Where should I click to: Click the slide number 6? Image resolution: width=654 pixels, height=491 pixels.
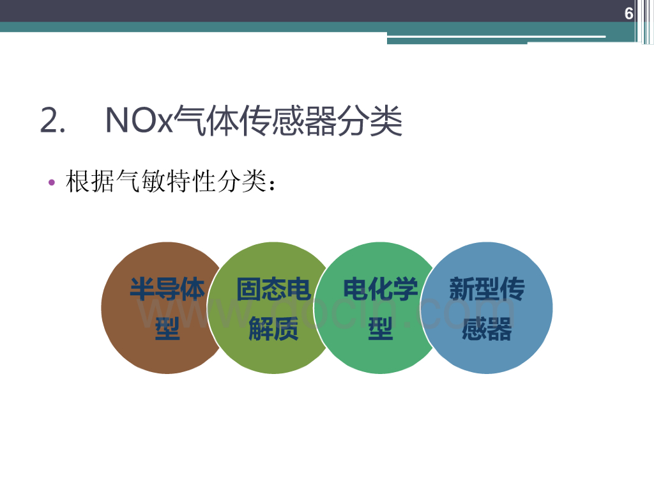(628, 14)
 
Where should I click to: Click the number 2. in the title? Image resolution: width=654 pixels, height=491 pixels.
(53, 121)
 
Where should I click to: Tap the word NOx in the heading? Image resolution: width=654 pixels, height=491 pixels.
(139, 121)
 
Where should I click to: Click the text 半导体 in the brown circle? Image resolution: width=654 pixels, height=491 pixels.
(167, 290)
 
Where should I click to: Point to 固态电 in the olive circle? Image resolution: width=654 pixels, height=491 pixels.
(273, 290)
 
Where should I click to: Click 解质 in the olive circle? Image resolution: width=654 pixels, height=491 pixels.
(273, 330)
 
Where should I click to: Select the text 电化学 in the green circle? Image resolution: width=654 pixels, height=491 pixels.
(380, 290)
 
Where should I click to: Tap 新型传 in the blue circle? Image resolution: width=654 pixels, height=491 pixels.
(487, 290)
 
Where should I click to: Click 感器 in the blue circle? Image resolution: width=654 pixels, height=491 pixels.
(487, 330)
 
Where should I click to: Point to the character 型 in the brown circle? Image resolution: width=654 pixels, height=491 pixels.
(167, 330)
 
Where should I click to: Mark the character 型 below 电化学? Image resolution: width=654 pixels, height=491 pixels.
(380, 330)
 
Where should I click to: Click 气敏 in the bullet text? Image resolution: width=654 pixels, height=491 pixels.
(132, 183)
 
